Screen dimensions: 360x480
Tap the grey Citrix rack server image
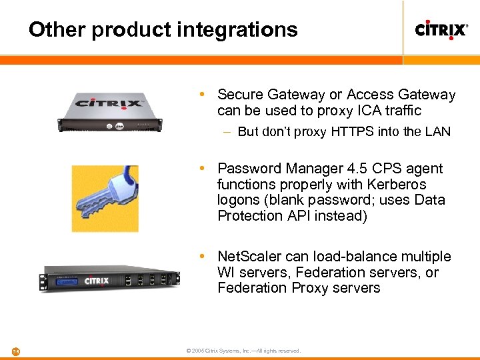coord(109,111)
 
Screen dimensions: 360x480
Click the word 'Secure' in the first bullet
coord(240,95)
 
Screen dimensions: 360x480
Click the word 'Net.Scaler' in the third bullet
coord(249,257)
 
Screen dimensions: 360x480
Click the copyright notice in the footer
coord(244,351)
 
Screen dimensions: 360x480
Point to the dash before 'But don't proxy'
coord(228,132)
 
